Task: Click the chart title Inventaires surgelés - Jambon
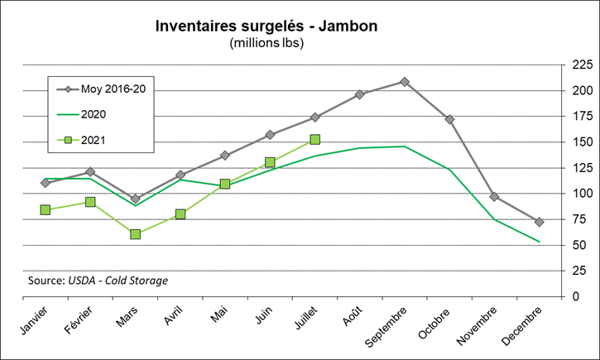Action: pos(266,26)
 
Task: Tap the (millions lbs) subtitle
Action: pos(266,43)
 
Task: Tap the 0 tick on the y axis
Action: pos(577,296)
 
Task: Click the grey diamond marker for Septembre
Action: pos(405,82)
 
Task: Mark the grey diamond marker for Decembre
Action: pos(539,222)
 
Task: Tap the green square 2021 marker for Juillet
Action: pos(314,140)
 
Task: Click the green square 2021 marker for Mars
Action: pos(135,234)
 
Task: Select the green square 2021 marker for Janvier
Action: pos(46,210)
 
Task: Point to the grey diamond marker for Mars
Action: pos(135,199)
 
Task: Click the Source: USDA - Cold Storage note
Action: pos(98,281)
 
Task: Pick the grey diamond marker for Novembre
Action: pos(494,197)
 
